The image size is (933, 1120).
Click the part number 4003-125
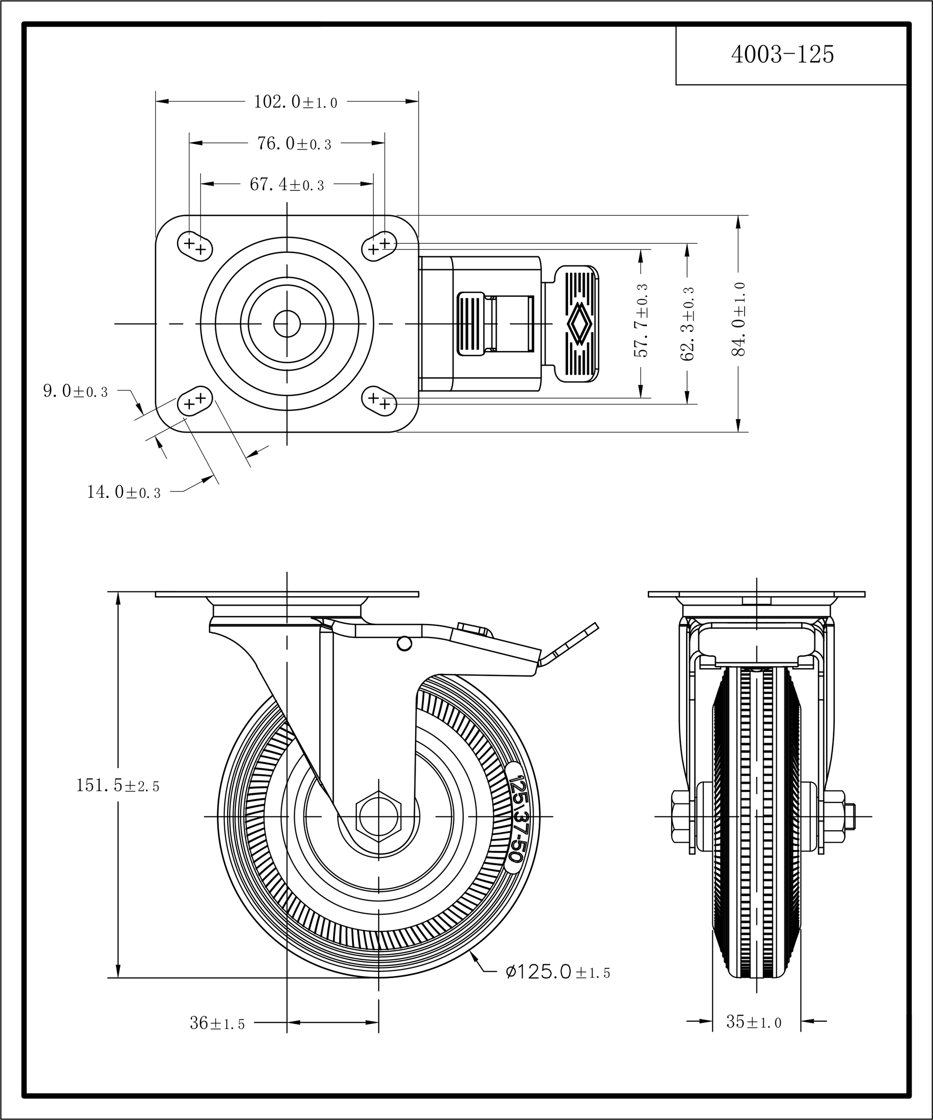point(782,54)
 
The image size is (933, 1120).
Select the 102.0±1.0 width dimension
point(295,102)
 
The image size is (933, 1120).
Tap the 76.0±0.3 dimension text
point(294,143)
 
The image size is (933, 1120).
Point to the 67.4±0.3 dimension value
point(286,185)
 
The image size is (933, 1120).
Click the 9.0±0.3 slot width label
point(75,391)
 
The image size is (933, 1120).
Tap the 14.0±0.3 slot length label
point(124,492)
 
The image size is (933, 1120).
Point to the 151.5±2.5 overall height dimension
point(118,785)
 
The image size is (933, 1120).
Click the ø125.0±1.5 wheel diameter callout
point(557,972)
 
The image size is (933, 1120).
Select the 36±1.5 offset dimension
point(217,1023)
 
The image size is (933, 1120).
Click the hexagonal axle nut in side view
point(379,816)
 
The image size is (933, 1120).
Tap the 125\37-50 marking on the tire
point(515,817)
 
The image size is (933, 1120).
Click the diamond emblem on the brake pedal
point(579,323)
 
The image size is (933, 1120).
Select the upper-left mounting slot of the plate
point(195,247)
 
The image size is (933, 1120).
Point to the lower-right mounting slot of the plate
point(380,401)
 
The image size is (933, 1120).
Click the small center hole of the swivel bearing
point(287,324)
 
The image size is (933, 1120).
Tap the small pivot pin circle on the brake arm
point(405,644)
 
